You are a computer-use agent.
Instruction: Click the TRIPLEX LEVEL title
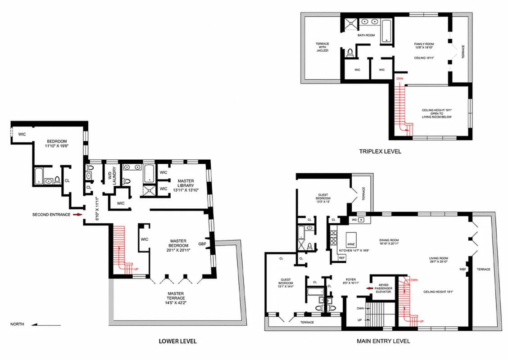tap(380, 152)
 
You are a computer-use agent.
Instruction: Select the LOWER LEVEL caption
tap(177, 341)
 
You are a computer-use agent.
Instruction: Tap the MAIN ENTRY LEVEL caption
tap(383, 341)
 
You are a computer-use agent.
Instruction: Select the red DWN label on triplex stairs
tap(399, 79)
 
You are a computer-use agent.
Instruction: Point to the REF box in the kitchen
tap(342, 257)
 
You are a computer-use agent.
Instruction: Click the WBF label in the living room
tap(462, 270)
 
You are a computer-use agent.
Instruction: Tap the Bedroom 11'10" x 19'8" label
tap(55, 144)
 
